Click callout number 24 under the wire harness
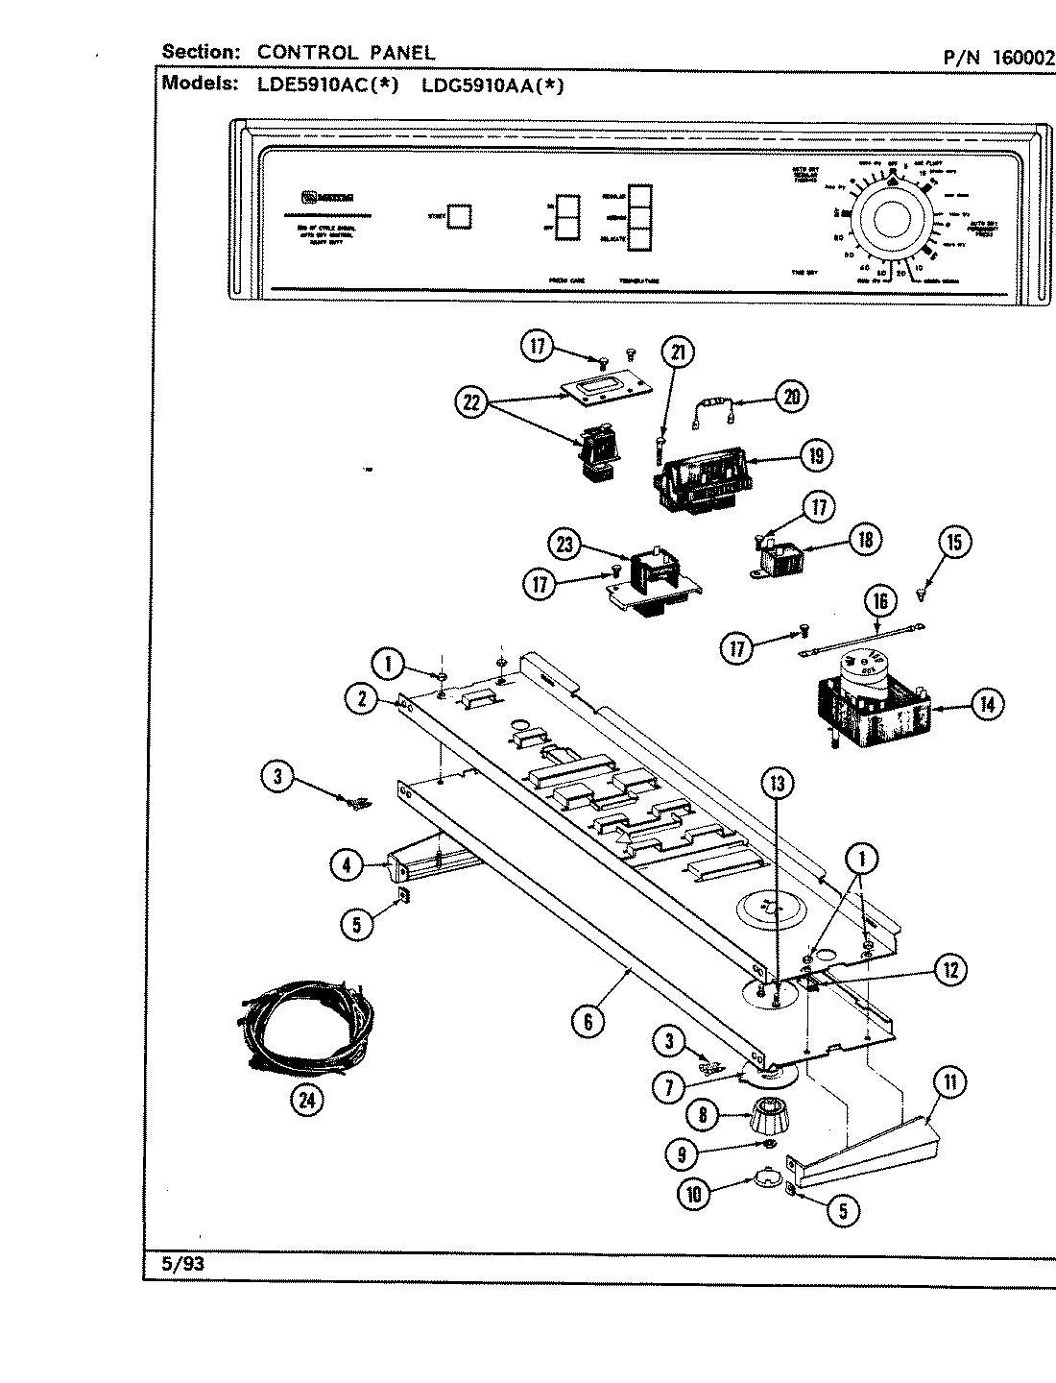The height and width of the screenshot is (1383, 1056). (307, 1100)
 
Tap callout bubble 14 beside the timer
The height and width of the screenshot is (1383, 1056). (986, 705)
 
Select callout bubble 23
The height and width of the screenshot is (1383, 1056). (564, 545)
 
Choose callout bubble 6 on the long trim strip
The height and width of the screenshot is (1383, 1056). (588, 1022)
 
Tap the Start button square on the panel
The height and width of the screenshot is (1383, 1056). (460, 216)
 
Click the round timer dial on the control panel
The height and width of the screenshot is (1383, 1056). (891, 220)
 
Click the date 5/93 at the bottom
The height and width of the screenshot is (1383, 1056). (182, 1264)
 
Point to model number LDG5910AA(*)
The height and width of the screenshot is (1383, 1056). (492, 85)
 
